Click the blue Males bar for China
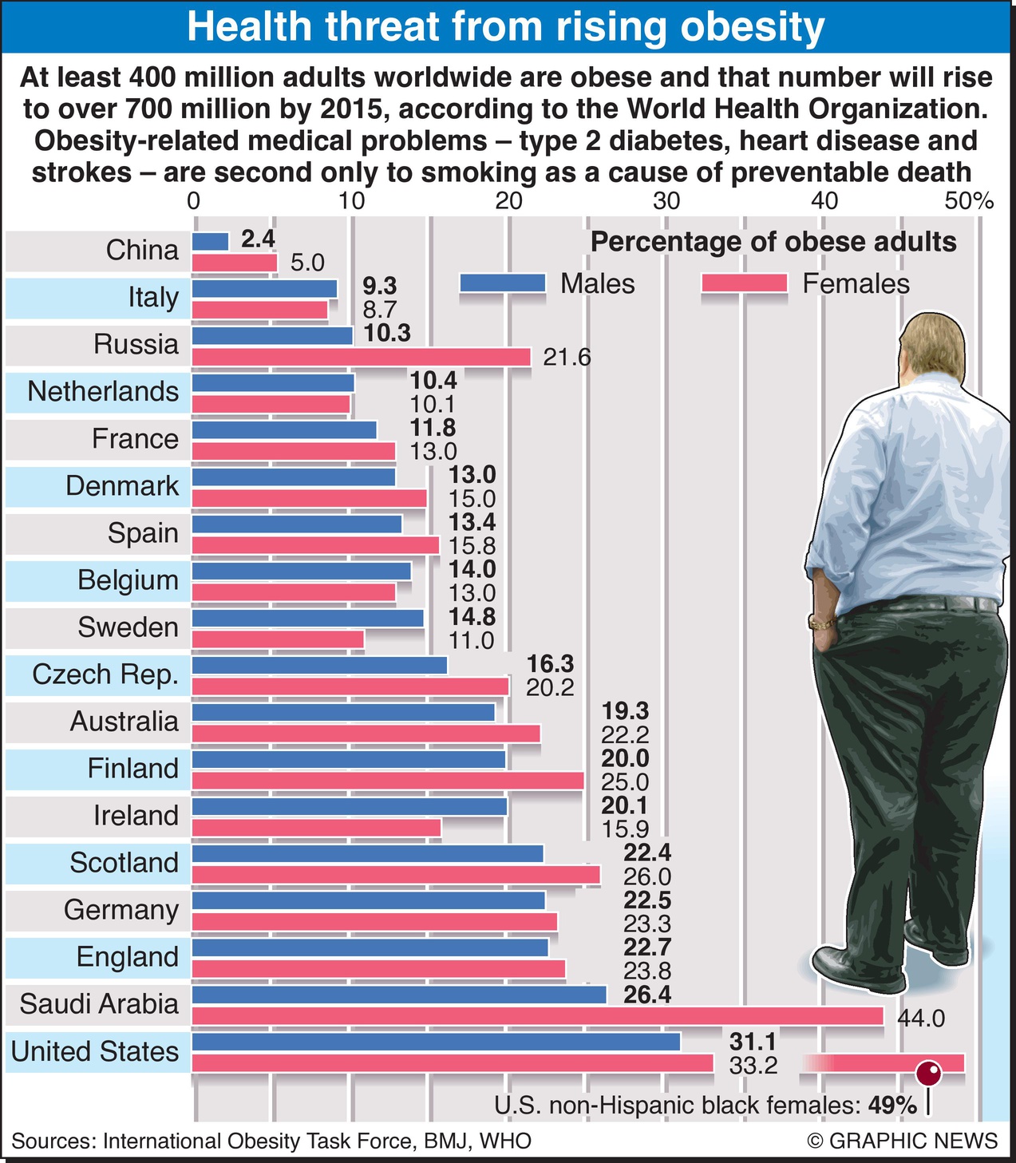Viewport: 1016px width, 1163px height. [210, 240]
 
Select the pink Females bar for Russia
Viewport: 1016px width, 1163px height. [361, 358]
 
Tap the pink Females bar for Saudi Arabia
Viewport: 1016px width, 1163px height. [537, 1016]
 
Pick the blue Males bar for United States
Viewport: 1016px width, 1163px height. [436, 1042]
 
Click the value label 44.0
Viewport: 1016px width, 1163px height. [920, 1018]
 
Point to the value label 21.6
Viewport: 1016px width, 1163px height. [567, 358]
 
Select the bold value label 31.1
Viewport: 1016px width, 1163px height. [753, 1042]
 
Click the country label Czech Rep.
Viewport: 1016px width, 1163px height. [105, 674]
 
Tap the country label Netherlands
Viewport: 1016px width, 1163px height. [103, 392]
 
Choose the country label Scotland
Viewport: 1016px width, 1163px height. [124, 863]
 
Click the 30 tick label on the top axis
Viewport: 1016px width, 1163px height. [666, 200]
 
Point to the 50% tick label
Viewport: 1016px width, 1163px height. [969, 200]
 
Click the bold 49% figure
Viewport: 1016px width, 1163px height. [892, 1106]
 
